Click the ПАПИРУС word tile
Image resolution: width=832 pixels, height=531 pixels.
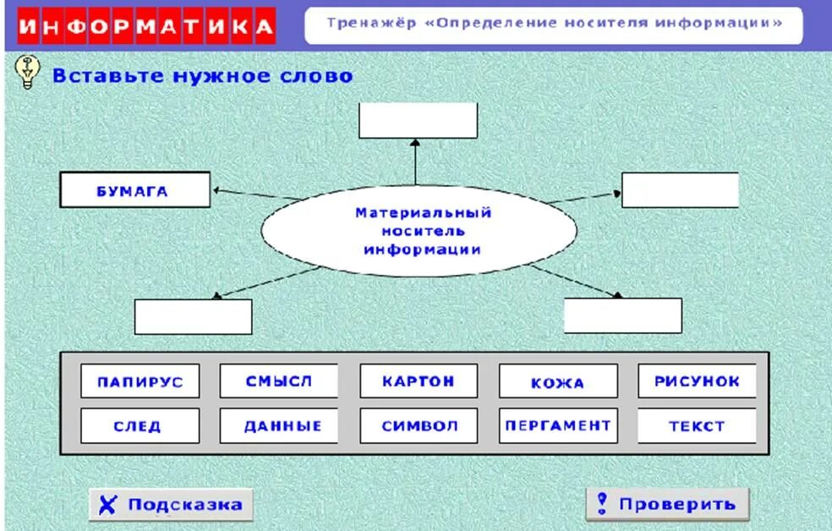point(140,381)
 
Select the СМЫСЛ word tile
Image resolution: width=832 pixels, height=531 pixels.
point(278,381)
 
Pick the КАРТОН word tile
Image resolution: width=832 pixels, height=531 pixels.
point(418,381)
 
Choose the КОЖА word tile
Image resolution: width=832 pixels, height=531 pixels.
point(557,382)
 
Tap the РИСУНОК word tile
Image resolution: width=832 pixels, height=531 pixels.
point(697,381)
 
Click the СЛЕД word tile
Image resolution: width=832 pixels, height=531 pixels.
point(140,426)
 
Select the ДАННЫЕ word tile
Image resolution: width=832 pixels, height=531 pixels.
point(278,426)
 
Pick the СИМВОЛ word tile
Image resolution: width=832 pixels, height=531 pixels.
point(418,426)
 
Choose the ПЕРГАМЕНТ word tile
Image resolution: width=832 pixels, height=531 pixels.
point(557,425)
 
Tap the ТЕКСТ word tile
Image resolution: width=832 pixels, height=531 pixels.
point(697,426)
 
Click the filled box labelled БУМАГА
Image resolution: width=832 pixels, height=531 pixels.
point(134,190)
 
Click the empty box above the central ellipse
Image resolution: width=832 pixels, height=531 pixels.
point(418,121)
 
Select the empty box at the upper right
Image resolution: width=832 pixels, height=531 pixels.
point(680,190)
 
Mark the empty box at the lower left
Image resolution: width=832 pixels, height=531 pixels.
point(193,317)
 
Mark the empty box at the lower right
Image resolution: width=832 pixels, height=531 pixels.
point(622,316)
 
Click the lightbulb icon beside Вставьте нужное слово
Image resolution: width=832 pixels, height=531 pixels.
point(28,74)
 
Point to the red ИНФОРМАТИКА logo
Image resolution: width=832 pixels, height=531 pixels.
point(146,27)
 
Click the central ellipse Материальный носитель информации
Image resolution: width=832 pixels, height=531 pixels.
point(419,231)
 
